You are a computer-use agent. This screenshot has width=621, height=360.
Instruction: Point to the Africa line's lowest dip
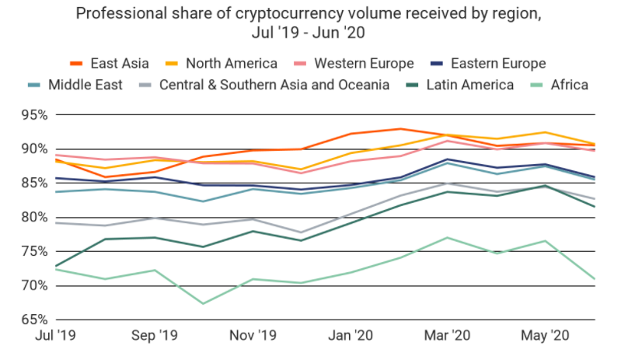click(204, 303)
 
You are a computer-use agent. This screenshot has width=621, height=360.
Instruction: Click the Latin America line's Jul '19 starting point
click(56, 266)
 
